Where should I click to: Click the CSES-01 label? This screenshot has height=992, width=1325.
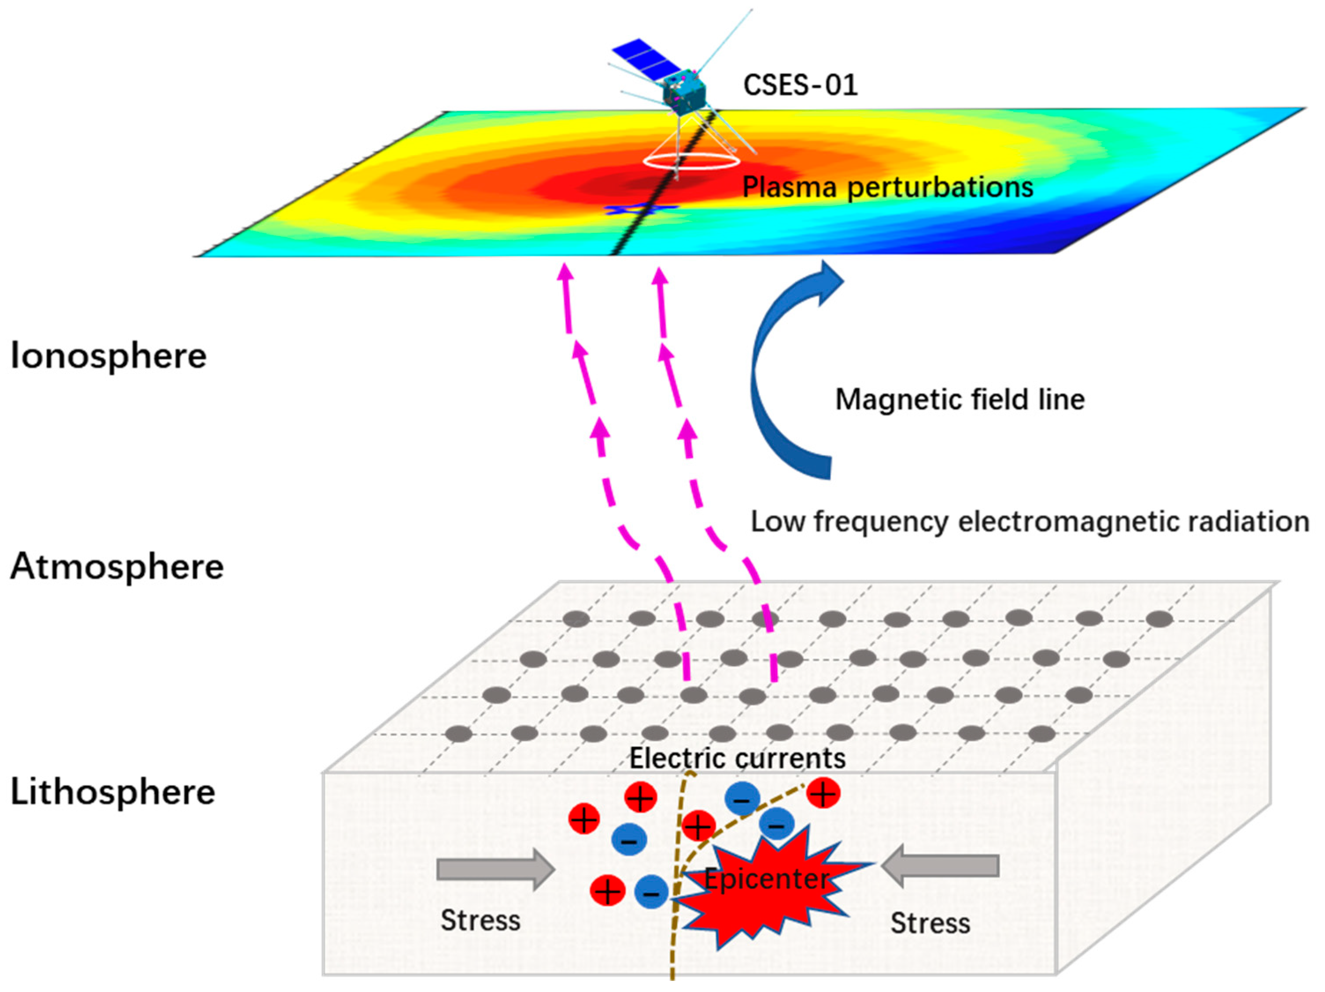pos(800,85)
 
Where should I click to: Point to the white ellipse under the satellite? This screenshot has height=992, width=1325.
pos(691,162)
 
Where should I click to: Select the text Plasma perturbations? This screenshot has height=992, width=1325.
pos(888,188)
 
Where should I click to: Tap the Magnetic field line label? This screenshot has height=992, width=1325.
pos(960,400)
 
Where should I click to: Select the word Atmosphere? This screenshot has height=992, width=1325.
pos(117,566)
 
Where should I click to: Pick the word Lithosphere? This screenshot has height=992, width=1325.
pos(113,792)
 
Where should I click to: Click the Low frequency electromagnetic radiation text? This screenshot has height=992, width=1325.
pos(1030,522)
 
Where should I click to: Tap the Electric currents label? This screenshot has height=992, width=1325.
pos(737,759)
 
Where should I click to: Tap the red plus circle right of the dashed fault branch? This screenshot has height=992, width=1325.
pos(823,794)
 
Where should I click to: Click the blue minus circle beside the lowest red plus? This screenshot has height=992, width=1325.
pos(651,892)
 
